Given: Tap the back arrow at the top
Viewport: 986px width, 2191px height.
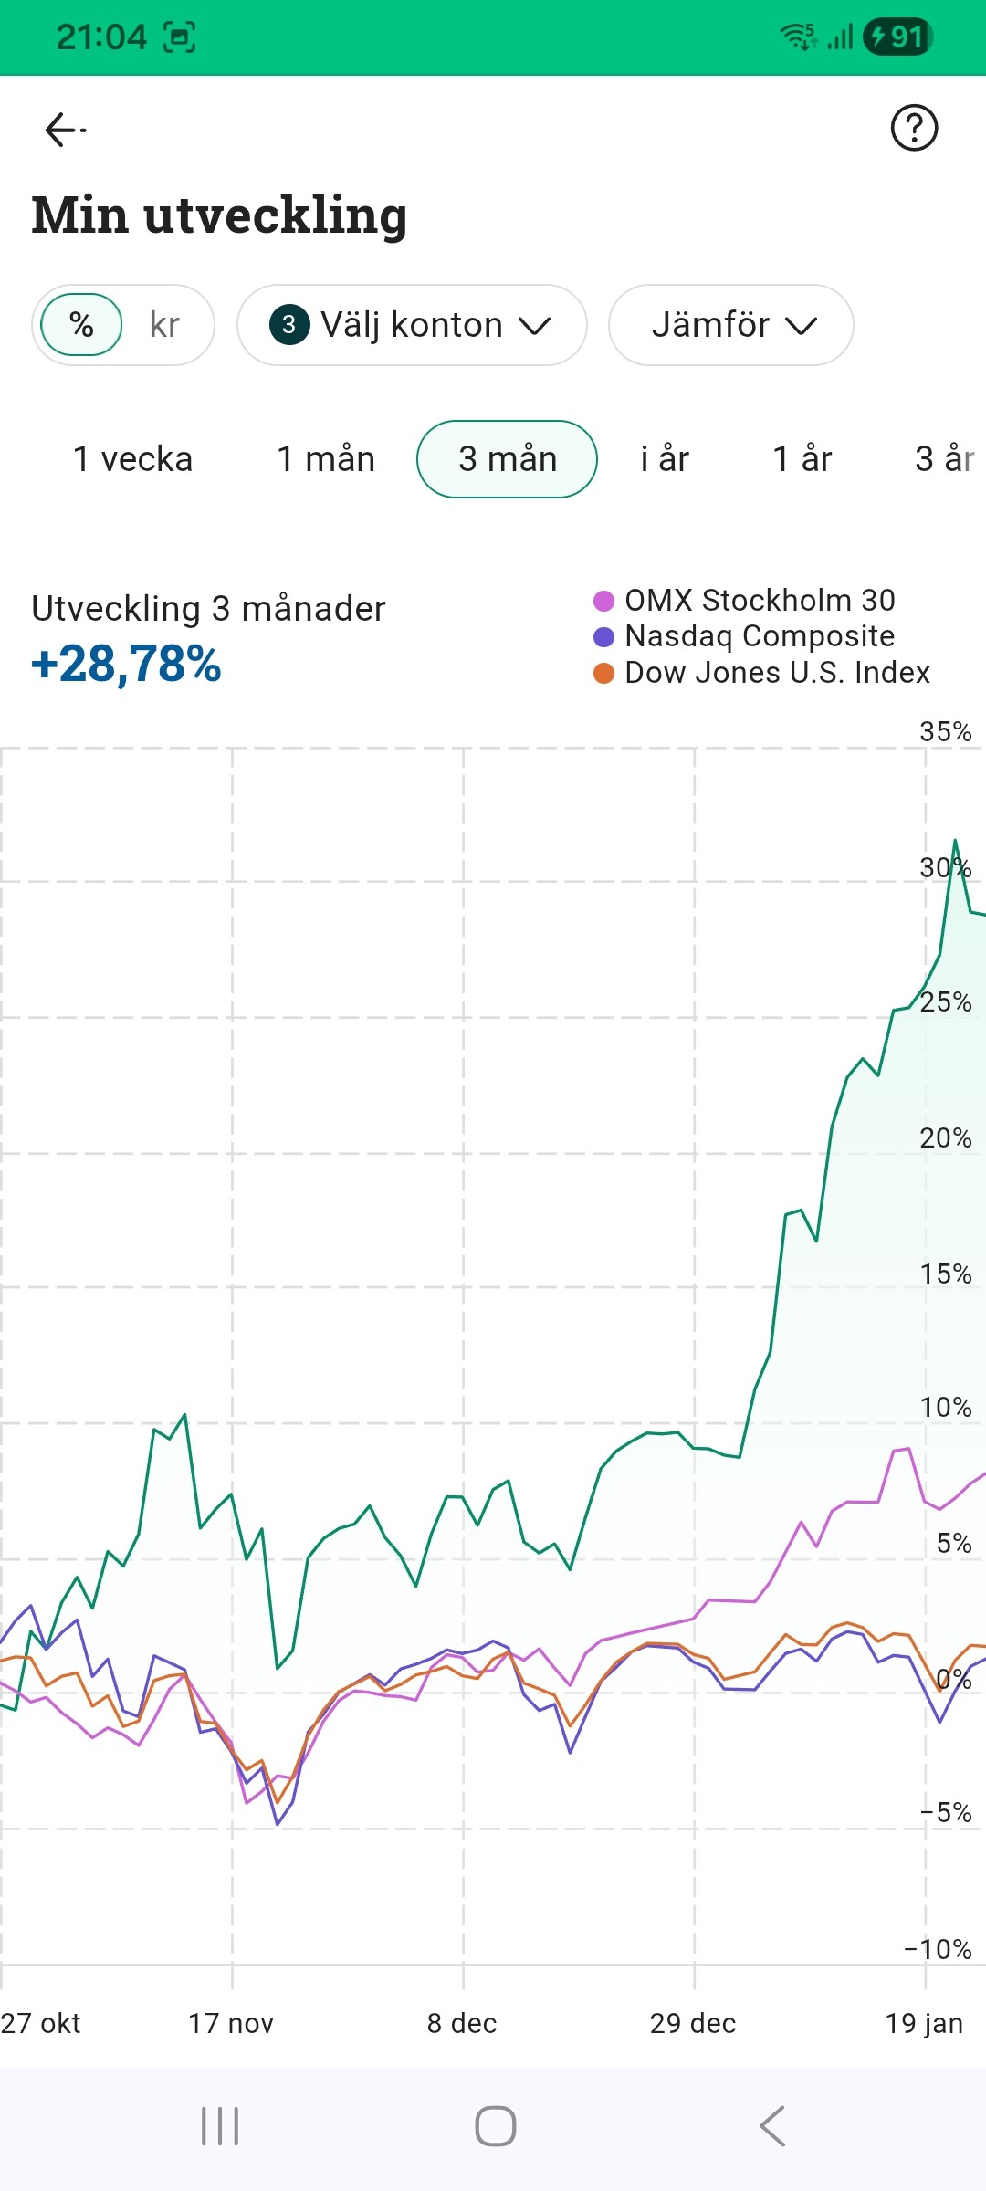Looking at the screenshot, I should click(x=64, y=130).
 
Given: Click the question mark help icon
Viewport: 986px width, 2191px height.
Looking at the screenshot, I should click(x=914, y=128).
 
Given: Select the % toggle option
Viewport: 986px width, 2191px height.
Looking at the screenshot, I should click(x=82, y=325).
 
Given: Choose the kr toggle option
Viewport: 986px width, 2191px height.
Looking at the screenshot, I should click(x=164, y=325).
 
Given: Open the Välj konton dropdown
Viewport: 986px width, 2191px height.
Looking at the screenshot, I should click(x=412, y=325).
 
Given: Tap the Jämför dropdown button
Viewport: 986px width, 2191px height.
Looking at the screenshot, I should click(x=730, y=325).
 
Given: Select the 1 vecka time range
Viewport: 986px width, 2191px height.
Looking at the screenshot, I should click(x=133, y=459).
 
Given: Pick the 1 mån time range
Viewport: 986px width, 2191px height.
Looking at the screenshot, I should click(x=326, y=459).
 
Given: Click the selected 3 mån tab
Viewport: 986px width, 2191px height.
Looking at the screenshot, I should click(x=508, y=459).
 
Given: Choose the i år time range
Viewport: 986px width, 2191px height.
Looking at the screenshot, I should click(x=665, y=459).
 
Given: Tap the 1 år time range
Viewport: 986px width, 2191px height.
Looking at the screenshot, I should click(x=802, y=459).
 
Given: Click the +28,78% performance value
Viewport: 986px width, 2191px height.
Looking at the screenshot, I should click(x=127, y=664).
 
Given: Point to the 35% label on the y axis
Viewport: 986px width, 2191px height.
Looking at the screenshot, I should click(x=946, y=731).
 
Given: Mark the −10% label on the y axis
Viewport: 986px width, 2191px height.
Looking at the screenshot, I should click(x=939, y=1949).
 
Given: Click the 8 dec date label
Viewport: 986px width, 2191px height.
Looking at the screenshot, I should click(x=462, y=2023).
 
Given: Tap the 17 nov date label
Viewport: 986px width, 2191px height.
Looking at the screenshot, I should click(x=231, y=2023).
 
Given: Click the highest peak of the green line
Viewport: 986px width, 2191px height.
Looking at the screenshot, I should click(x=955, y=840).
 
